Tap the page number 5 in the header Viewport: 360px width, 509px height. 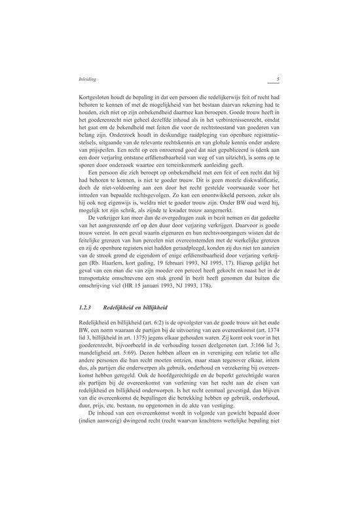pyautogui.click(x=278, y=80)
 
